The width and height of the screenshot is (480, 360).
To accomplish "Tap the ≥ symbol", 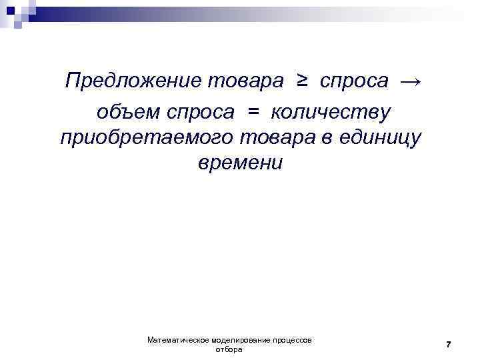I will pos(302,81).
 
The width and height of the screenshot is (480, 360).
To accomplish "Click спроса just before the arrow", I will pos(354,81).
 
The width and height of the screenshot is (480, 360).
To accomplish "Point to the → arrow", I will pos(410,81).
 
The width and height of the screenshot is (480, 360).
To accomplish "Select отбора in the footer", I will pos(230,349).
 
